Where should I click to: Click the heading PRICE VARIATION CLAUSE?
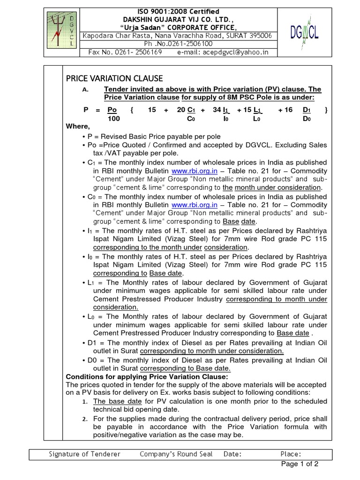(114, 78)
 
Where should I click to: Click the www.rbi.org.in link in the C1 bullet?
(194, 171)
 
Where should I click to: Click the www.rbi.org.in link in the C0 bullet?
(194, 205)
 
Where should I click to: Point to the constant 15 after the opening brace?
(151, 110)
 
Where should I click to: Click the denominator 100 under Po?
(113, 119)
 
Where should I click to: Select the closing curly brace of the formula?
(326, 110)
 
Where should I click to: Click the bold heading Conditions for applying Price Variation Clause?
(140, 377)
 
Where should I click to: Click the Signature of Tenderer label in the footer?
(84, 454)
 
